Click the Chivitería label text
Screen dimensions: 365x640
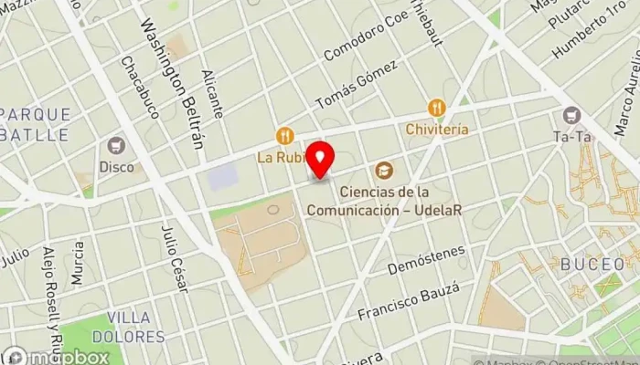[x=437, y=130]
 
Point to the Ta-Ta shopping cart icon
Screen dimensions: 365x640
[x=572, y=116]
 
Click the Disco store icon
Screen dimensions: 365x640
[x=116, y=146]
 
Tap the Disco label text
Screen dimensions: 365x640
[x=116, y=167]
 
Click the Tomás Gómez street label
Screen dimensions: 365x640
[x=356, y=84]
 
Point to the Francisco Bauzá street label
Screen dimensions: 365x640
[x=407, y=302]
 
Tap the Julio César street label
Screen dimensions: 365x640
[x=173, y=259]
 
